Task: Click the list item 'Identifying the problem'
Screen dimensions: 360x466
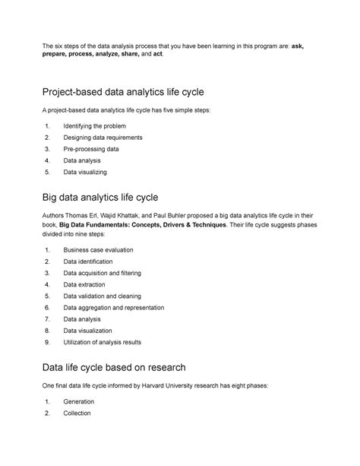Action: coord(95,125)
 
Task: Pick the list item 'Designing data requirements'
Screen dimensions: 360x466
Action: coord(102,138)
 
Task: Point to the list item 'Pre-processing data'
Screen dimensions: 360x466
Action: coord(91,149)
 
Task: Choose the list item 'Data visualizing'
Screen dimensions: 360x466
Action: coord(86,173)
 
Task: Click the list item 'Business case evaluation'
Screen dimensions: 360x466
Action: coord(98,249)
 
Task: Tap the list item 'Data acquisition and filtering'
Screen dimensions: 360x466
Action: coord(103,272)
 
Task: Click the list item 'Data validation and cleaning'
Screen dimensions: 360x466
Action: coord(102,296)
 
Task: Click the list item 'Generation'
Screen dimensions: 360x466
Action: coord(81,401)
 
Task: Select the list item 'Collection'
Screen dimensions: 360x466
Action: coord(77,413)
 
